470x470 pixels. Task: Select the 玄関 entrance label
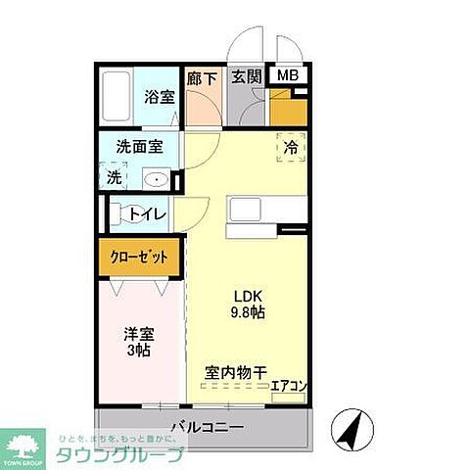point(246,77)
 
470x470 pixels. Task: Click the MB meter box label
point(288,76)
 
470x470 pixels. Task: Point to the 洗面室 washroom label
point(140,147)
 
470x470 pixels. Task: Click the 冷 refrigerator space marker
point(291,148)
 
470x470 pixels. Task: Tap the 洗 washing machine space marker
point(115,178)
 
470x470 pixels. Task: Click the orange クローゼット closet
point(140,257)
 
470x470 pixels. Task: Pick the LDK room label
point(248,295)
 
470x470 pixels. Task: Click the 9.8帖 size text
point(248,312)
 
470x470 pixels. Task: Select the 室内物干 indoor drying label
point(236,372)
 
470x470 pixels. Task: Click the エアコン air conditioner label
point(290,386)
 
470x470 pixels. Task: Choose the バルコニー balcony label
point(207,428)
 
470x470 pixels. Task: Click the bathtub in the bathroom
point(119,97)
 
